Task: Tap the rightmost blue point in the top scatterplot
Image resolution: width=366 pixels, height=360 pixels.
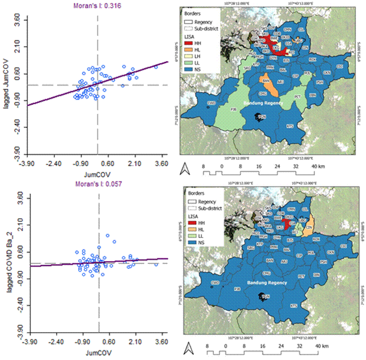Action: point(156,67)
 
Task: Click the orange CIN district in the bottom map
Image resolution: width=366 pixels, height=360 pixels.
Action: point(309,228)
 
